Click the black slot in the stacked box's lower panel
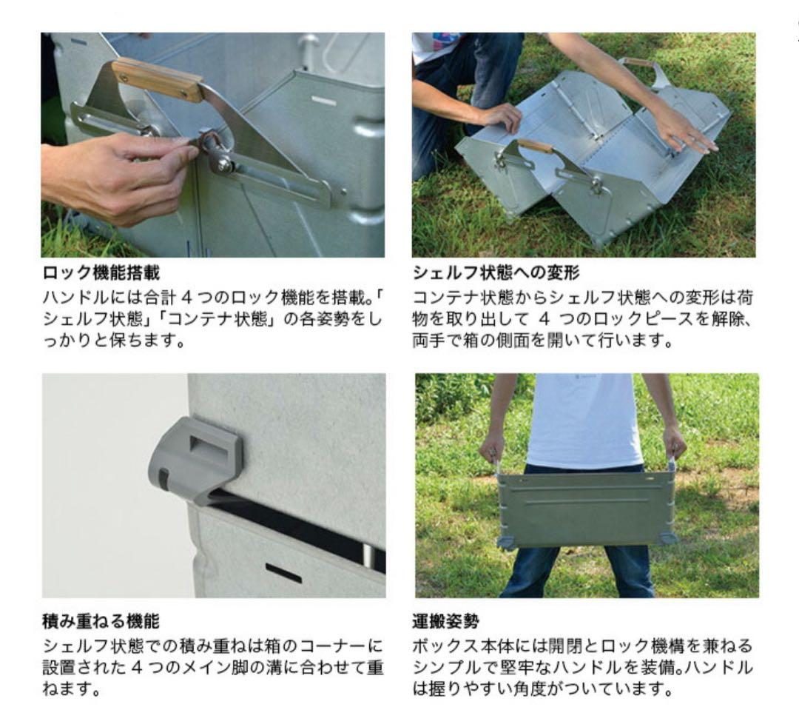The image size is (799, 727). [283, 572]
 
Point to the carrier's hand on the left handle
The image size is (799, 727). [490, 447]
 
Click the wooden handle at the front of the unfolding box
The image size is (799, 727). [535, 145]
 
